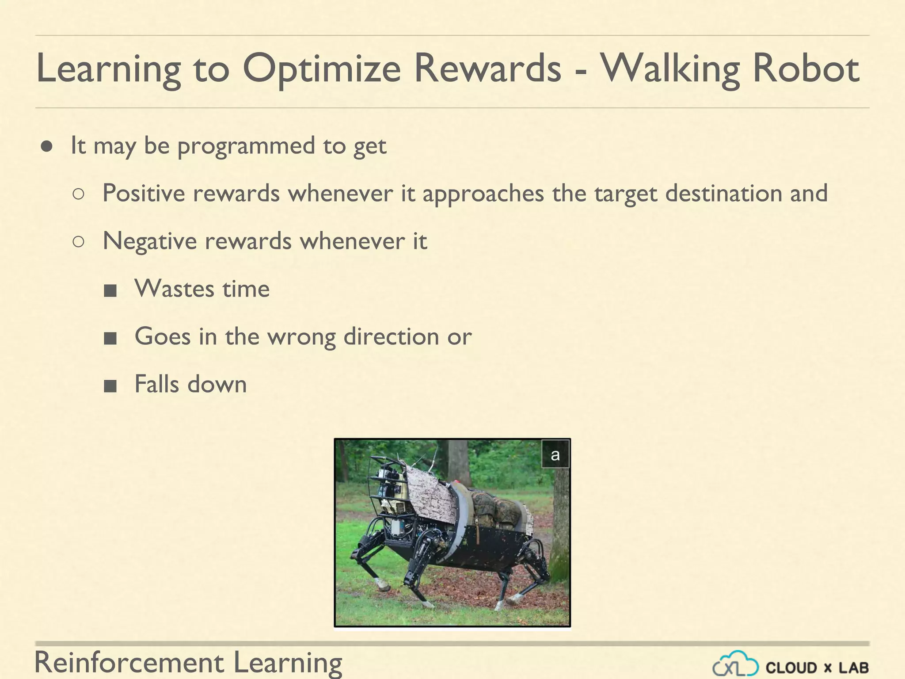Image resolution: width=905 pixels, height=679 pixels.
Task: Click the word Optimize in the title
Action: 321,69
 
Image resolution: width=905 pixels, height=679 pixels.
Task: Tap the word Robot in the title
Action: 806,69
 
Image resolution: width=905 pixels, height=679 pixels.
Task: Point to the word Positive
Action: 144,193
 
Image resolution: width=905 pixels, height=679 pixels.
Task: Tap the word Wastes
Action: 174,289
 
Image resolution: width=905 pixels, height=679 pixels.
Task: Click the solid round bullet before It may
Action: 47,146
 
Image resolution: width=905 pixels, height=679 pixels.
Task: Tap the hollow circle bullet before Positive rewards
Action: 78,194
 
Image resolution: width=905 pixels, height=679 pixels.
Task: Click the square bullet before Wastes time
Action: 110,291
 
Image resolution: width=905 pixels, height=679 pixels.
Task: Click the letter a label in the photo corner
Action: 555,454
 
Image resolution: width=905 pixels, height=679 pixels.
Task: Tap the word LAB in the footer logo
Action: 853,668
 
